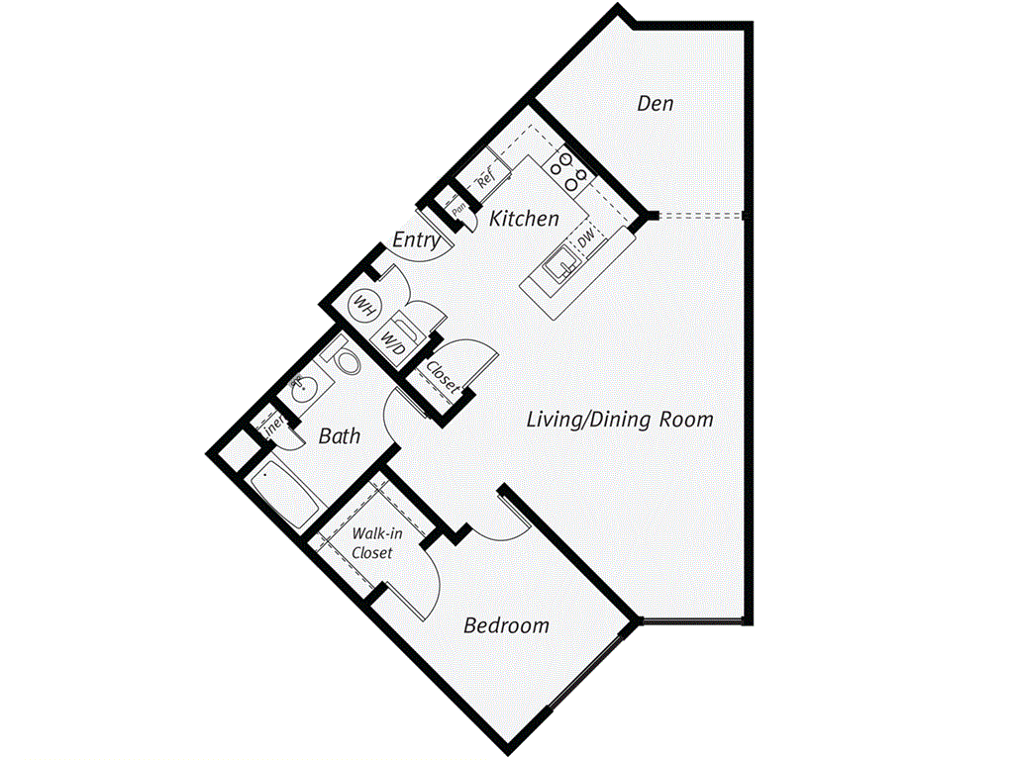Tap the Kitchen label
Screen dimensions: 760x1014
524,219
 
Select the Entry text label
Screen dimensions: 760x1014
416,240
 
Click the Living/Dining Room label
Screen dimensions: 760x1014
619,420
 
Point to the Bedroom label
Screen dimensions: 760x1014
506,625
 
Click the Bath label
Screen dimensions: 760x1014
340,435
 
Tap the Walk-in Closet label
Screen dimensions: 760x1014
373,543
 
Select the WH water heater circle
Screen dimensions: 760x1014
363,307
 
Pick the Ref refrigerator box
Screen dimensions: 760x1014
485,178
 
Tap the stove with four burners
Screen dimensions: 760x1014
570,170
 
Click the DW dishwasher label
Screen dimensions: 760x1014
586,237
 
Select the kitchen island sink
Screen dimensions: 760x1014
561,263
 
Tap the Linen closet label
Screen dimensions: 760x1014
271,427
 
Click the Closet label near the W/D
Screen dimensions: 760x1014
443,377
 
